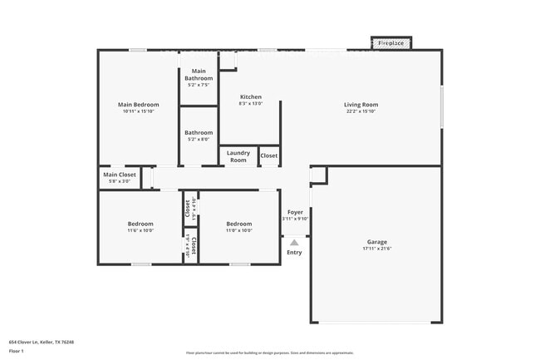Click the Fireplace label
(391, 42)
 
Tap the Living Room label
(361, 105)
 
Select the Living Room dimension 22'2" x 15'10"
(361, 111)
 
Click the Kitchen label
(251, 96)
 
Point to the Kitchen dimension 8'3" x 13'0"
(251, 104)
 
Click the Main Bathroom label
(199, 75)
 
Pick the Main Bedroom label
(138, 105)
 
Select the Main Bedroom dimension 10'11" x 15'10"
(138, 111)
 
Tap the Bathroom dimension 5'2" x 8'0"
(199, 140)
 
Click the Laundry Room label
(238, 156)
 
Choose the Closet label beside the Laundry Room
(269, 156)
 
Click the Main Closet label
(120, 175)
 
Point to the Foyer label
(295, 213)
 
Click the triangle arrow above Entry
(294, 242)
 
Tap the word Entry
(294, 253)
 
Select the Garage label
(377, 241)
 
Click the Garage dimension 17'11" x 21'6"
(377, 249)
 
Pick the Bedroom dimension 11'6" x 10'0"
(140, 231)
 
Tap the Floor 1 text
(17, 351)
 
